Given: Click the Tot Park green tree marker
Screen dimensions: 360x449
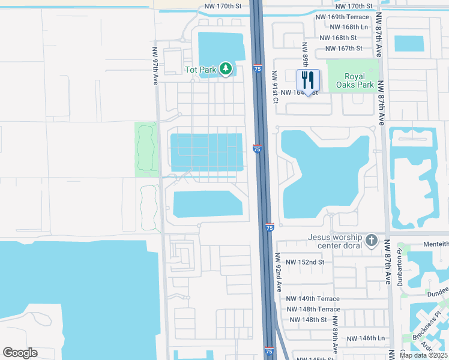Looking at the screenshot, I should pos(226,70).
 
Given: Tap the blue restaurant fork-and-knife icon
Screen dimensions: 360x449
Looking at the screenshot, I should pos(309,80).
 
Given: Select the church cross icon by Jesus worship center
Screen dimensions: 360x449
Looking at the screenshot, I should pos(372,241).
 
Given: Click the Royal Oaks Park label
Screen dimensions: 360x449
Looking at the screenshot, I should pos(359,80).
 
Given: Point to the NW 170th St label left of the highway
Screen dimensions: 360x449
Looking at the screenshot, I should pos(223,7).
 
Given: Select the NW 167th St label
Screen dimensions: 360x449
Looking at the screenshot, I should pos(343,48).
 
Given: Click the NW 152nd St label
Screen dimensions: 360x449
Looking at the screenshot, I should pos(305,262).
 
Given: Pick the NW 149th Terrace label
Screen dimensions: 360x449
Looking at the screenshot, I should pos(313,299).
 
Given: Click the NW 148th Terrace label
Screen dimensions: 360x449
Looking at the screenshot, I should pos(313,309).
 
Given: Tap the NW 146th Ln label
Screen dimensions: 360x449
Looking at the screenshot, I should pos(365,338).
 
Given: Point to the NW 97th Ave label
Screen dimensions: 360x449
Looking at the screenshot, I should pos(155,66).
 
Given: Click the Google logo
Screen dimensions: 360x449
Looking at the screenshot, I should pos(20,353).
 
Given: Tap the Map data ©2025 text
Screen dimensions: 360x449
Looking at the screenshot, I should pos(423,355).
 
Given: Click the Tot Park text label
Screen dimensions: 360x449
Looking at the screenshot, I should pos(200,70).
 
